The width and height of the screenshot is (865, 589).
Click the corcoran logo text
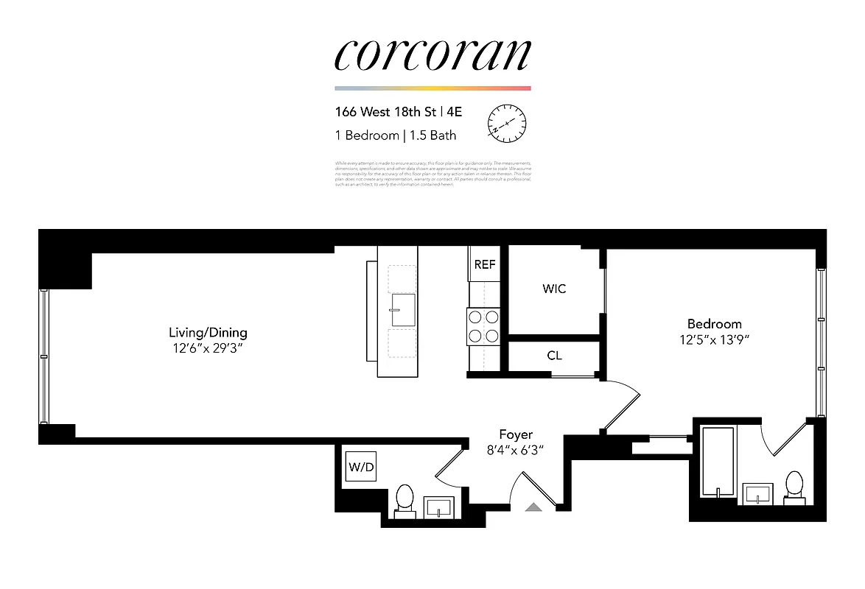click(x=432, y=54)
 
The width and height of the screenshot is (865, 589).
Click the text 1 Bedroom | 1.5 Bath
click(x=395, y=135)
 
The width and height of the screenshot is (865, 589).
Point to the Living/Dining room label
click(x=208, y=333)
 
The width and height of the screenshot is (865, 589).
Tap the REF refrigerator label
click(x=484, y=265)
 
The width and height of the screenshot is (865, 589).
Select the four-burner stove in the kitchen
click(x=483, y=326)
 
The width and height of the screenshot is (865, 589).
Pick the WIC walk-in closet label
click(x=554, y=289)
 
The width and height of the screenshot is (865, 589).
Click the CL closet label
click(x=554, y=356)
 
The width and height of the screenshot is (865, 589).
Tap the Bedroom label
click(x=714, y=324)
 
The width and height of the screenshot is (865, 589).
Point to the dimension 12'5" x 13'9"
click(x=714, y=340)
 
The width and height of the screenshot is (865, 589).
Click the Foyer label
click(x=516, y=434)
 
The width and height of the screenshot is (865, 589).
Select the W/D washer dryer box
click(x=361, y=467)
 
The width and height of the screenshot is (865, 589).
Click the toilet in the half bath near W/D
click(x=405, y=500)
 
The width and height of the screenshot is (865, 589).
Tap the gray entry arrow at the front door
click(x=533, y=507)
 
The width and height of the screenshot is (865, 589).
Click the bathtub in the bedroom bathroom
click(x=716, y=462)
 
